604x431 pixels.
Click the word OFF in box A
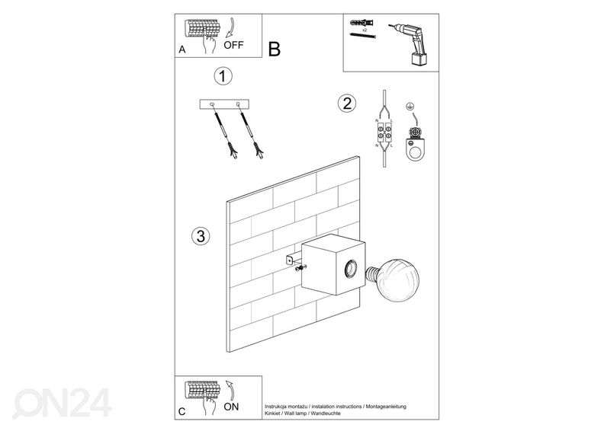click(233, 44)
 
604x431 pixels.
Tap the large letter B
click(275, 50)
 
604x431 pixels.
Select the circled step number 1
click(222, 76)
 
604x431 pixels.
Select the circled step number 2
click(347, 104)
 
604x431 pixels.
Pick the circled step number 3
click(200, 236)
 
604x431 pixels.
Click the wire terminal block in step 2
click(384, 134)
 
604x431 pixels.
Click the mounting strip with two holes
click(226, 103)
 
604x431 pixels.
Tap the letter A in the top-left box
click(182, 49)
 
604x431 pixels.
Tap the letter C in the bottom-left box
click(182, 412)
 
